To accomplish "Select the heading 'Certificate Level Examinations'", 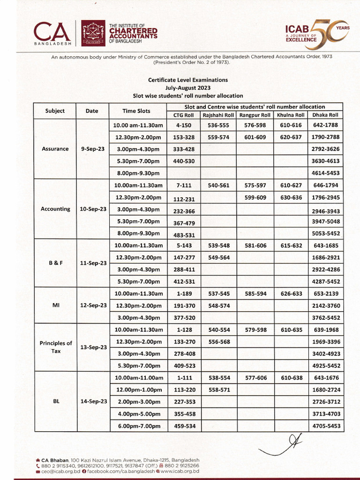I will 187,80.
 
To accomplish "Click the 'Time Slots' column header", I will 136,111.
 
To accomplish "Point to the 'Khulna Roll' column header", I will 290,115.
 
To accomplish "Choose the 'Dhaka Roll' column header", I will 325,115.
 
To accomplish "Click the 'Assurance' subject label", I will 55,149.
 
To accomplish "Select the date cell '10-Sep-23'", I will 92,209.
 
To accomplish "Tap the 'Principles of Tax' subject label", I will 55,346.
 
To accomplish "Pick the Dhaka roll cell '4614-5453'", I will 325,173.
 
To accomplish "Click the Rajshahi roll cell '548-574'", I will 218,305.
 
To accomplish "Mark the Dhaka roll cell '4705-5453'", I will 325,426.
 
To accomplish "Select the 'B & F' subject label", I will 55,263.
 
